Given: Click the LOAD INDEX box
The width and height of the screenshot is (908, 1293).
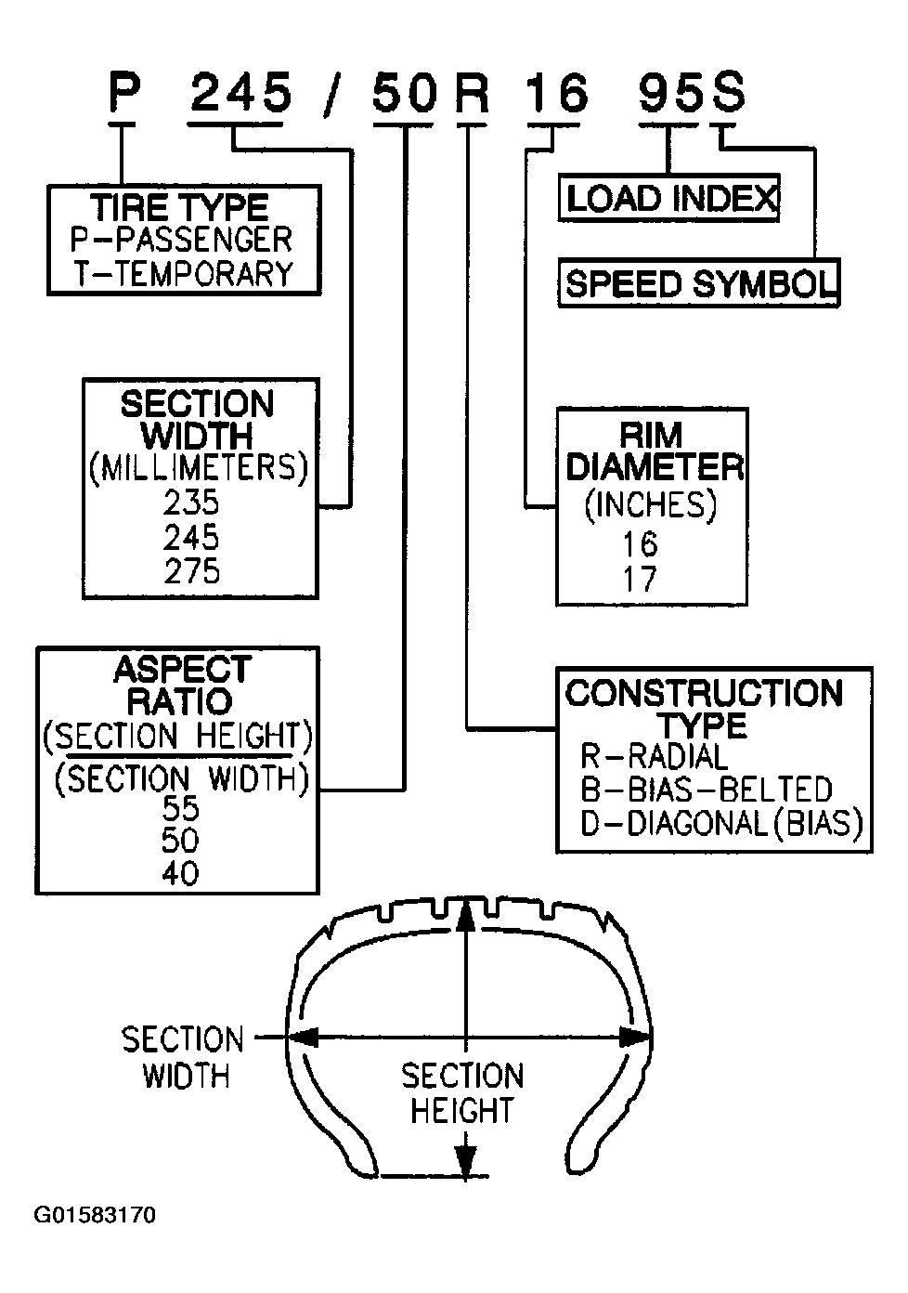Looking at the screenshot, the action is pos(668,198).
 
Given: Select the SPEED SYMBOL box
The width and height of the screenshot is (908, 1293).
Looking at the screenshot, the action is pos(699,282).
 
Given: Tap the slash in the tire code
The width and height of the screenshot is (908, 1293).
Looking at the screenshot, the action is pos(332,97).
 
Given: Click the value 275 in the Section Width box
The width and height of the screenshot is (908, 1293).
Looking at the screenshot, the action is pos(191,571).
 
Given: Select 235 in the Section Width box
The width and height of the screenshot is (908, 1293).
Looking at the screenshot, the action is pos(191,503).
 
